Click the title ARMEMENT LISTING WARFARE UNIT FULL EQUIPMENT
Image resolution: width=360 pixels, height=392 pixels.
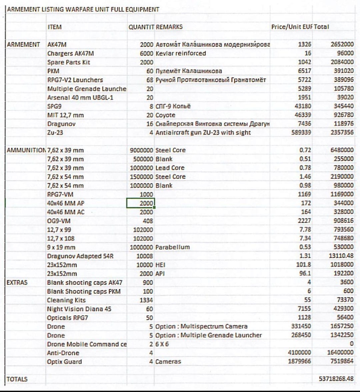(x=83, y=9)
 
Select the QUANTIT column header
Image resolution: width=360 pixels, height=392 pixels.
(x=141, y=27)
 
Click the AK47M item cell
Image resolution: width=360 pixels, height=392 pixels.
(x=57, y=44)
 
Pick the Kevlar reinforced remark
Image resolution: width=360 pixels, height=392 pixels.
(x=181, y=53)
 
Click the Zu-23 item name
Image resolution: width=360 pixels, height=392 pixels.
(x=55, y=132)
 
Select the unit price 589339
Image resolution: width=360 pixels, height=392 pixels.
(x=301, y=132)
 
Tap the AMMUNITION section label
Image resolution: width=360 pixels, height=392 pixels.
(x=26, y=150)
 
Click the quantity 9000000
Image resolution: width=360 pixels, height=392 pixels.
(x=141, y=150)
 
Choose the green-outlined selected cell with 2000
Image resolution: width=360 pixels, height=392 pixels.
(x=140, y=203)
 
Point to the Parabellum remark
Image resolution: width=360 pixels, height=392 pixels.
(x=172, y=247)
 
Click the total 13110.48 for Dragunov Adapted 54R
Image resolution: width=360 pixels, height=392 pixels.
(x=341, y=256)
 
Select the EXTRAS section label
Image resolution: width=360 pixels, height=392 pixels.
(x=17, y=283)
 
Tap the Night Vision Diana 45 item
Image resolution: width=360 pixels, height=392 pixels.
(x=79, y=309)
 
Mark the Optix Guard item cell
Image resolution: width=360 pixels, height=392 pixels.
(x=64, y=362)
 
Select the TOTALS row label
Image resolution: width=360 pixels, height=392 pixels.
(x=17, y=379)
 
